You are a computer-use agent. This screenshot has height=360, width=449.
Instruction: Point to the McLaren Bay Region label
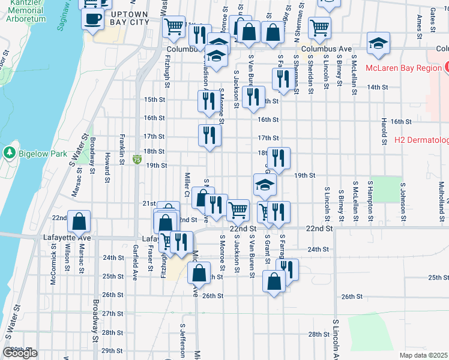tap(403, 68)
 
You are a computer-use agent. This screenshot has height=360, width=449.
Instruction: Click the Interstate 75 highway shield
tap(137, 160)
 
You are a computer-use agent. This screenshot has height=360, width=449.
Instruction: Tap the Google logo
tap(20, 352)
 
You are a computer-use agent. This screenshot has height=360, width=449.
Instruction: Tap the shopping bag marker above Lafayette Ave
tap(79, 222)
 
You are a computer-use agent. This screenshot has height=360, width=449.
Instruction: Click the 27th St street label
tap(112, 314)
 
